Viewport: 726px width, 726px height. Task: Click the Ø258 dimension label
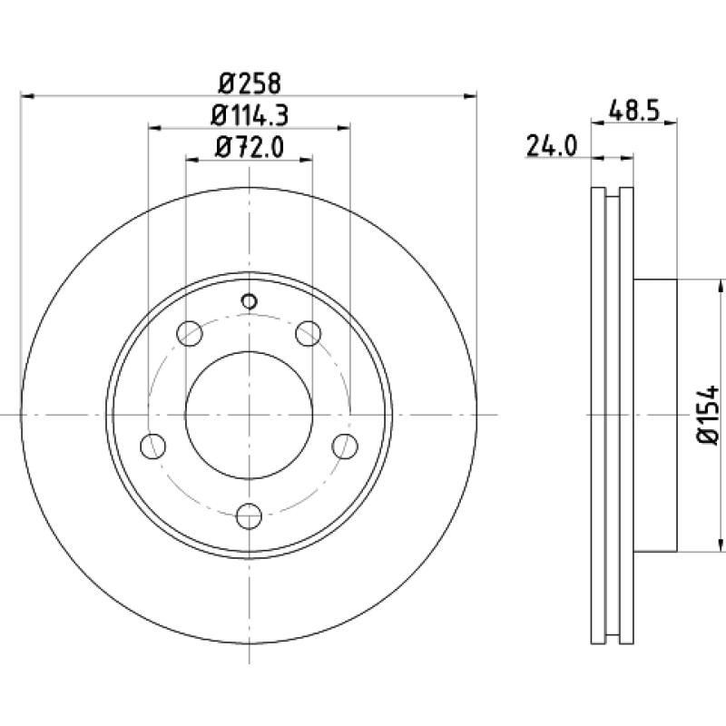pos(250,83)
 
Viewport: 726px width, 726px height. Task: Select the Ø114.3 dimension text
pos(250,115)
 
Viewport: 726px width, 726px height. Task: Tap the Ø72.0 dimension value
pos(250,148)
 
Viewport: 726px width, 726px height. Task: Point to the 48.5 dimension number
pos(633,111)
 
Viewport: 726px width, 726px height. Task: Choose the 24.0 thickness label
pos(552,146)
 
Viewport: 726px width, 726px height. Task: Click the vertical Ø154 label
pos(709,415)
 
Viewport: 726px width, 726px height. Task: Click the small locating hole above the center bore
pos(249,302)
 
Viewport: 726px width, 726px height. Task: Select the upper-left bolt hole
pos(190,333)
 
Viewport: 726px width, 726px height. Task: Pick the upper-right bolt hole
pos(309,333)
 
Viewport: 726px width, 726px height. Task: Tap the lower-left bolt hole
pos(152,446)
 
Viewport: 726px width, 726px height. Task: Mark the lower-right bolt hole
pos(346,446)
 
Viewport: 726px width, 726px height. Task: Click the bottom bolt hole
pos(249,516)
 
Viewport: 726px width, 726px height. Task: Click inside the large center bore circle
pos(249,415)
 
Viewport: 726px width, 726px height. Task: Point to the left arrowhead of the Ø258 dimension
pos(28,96)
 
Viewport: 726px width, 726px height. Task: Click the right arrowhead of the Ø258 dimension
pos(470,96)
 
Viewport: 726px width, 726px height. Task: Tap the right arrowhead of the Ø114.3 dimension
pos(343,128)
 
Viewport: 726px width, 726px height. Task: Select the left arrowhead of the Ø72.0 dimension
pos(192,160)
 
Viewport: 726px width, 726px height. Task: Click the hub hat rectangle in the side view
pos(655,416)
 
